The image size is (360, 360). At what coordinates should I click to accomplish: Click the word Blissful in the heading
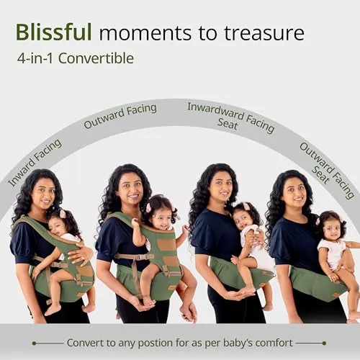(x=54, y=32)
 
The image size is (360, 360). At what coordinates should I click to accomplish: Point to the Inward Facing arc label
(x=35, y=163)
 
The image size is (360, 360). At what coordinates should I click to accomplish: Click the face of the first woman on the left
(x=43, y=194)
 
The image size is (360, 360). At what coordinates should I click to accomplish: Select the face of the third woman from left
(x=220, y=189)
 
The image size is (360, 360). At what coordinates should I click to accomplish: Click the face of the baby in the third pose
(x=243, y=220)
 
